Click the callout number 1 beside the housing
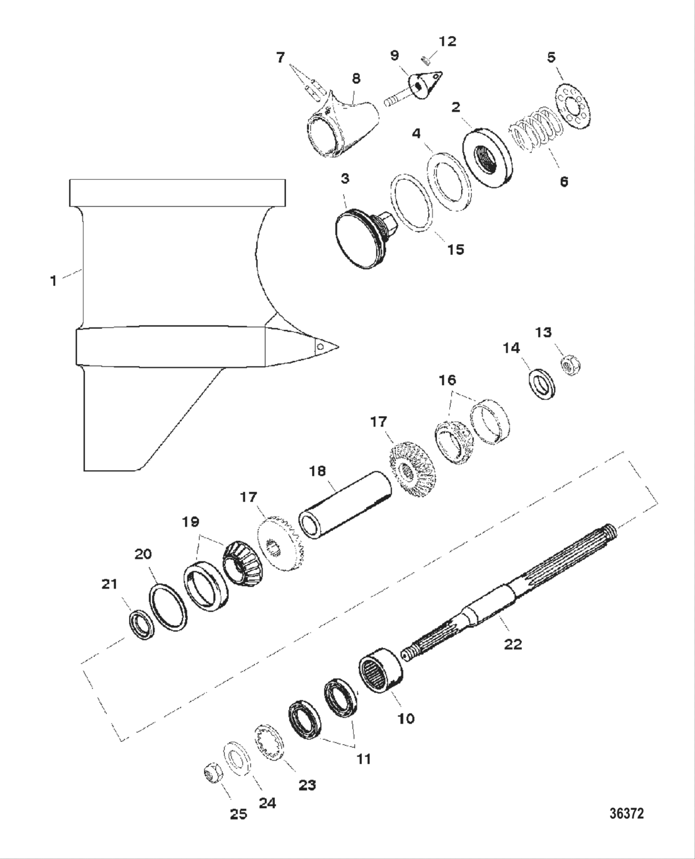[x=54, y=280]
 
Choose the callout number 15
[x=455, y=249]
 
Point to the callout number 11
[x=363, y=759]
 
